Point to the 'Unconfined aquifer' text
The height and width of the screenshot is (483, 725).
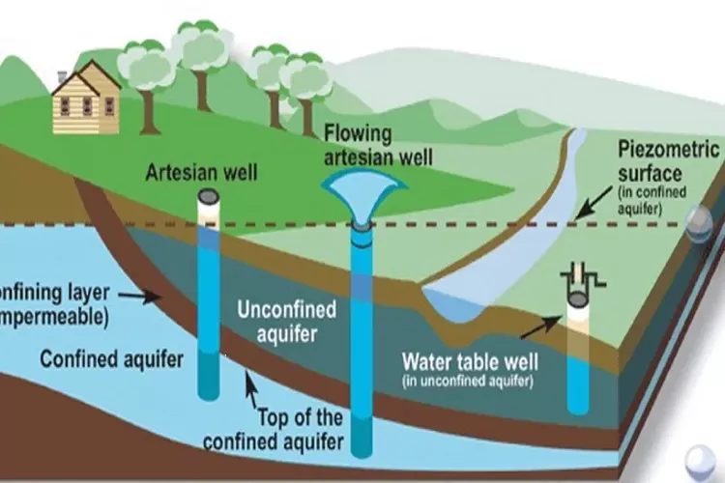287,321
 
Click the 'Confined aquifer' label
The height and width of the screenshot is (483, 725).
111,360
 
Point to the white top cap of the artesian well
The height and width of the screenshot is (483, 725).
209,196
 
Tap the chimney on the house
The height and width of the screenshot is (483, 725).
63,76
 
